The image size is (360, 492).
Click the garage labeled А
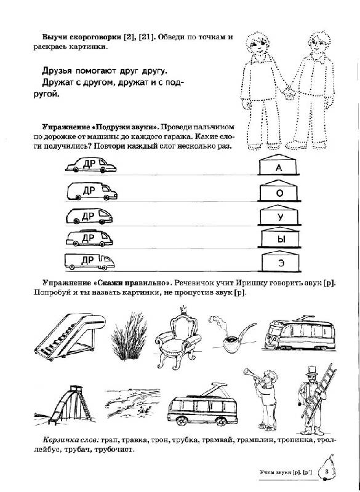[x=279, y=164]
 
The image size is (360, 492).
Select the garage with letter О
[x=279, y=191]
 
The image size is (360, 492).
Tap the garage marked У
[x=279, y=215]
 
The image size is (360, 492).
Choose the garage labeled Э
[x=280, y=261]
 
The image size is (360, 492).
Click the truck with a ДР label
[x=89, y=262]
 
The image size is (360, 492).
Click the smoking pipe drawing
[x=232, y=334]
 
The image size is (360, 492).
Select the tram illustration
[x=300, y=333]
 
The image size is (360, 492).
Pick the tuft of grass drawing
[x=129, y=336]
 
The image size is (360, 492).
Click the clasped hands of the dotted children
[x=289, y=93]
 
